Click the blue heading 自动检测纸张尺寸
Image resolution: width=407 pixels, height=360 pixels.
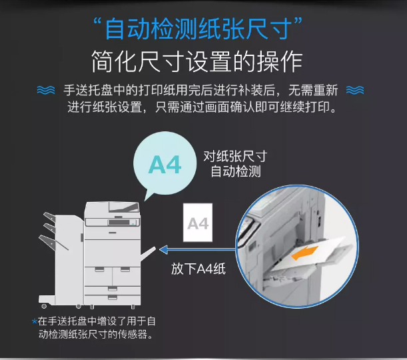coord(199,29)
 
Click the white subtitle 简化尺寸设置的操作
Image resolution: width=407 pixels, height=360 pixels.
coord(197,62)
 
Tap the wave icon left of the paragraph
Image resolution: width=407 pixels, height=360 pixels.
coord(46,90)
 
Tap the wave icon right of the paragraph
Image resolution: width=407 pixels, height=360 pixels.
coord(355,90)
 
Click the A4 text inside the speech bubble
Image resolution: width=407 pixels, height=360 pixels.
coord(165,165)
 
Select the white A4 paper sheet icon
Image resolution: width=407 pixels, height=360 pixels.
coord(198,223)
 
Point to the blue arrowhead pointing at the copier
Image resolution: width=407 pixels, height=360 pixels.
coord(164,250)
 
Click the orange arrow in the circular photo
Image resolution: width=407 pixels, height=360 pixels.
coord(304,253)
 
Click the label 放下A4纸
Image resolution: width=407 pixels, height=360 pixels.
coord(199,269)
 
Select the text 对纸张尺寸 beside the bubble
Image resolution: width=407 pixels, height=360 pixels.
coord(235,157)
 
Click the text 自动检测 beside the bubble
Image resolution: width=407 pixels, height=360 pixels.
coord(236,171)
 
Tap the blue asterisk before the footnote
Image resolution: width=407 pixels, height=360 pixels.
coord(34,321)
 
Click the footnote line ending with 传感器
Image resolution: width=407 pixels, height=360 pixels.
coord(95,334)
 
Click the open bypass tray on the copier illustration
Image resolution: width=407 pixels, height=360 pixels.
coord(148,254)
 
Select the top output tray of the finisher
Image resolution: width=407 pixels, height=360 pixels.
coord(49,217)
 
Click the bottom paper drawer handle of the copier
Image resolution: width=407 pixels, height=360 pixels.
coord(113,297)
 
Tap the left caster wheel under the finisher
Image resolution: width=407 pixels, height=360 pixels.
coord(44,306)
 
